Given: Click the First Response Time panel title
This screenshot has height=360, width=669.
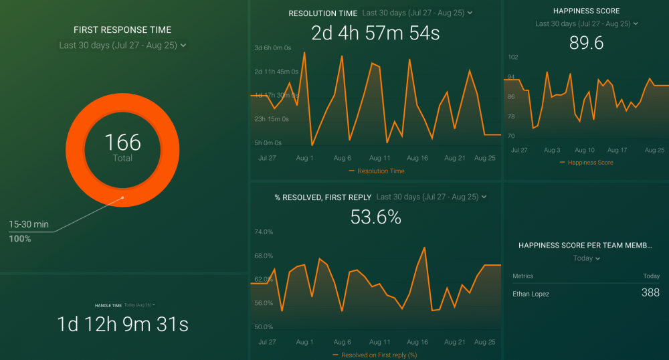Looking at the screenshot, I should point(122,30).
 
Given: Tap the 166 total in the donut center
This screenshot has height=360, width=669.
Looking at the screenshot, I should point(122,142).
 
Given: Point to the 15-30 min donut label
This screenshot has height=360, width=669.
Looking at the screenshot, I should point(29,225).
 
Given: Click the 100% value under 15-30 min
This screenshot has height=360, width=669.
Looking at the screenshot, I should point(20,238).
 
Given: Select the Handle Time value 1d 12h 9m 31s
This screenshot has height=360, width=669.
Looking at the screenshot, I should point(122,325).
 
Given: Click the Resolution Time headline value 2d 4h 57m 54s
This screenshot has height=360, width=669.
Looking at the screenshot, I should point(376,33).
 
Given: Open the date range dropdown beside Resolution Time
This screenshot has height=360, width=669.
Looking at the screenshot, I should point(417,13).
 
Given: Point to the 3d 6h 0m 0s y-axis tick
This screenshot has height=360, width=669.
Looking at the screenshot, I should point(272,48).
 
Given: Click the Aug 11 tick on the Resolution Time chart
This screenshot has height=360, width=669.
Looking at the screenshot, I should point(379,158).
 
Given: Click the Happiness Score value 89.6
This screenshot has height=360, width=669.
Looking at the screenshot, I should point(586,43).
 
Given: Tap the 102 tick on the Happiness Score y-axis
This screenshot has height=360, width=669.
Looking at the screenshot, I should point(513,58).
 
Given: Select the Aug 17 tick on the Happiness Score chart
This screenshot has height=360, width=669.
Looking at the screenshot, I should point(617,151).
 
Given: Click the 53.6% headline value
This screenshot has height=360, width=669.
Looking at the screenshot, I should point(376,217).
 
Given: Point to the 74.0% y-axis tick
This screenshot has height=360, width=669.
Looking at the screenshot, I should point(264,232).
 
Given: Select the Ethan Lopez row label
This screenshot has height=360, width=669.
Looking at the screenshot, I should point(531,294).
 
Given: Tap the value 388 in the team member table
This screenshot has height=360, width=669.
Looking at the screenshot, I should point(650,292).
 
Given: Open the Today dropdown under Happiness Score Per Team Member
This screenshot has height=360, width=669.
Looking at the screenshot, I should point(587,258).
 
